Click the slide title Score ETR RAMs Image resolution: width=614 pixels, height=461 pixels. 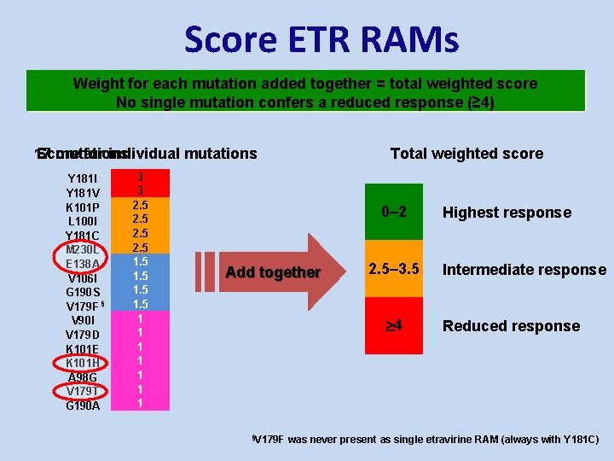(x=321, y=40)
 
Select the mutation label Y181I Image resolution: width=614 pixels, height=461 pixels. (x=83, y=178)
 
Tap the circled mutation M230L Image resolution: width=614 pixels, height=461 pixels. (x=83, y=249)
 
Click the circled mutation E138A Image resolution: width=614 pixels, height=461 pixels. (x=83, y=264)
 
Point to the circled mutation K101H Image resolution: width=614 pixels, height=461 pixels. (x=83, y=363)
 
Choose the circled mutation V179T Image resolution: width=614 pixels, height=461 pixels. (x=83, y=391)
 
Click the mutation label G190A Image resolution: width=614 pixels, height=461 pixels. (x=83, y=406)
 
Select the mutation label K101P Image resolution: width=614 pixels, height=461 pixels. (x=83, y=207)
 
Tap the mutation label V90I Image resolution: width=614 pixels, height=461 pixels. (x=83, y=320)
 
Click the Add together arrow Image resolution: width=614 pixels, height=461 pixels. (x=273, y=272)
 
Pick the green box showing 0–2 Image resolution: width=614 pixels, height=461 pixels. (x=393, y=213)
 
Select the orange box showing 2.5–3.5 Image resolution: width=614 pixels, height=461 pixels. (x=393, y=270)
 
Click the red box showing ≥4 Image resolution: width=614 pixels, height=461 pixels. (x=393, y=325)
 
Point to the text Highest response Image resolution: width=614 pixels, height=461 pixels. (x=507, y=213)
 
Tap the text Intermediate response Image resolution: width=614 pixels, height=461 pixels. (x=524, y=270)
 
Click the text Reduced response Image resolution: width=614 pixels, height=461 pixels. (x=511, y=326)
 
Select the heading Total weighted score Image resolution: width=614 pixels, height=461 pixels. (x=466, y=154)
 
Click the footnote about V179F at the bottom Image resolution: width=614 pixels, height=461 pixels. (x=426, y=440)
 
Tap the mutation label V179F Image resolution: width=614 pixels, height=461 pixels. (x=83, y=306)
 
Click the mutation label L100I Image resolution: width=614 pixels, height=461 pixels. (x=83, y=221)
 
